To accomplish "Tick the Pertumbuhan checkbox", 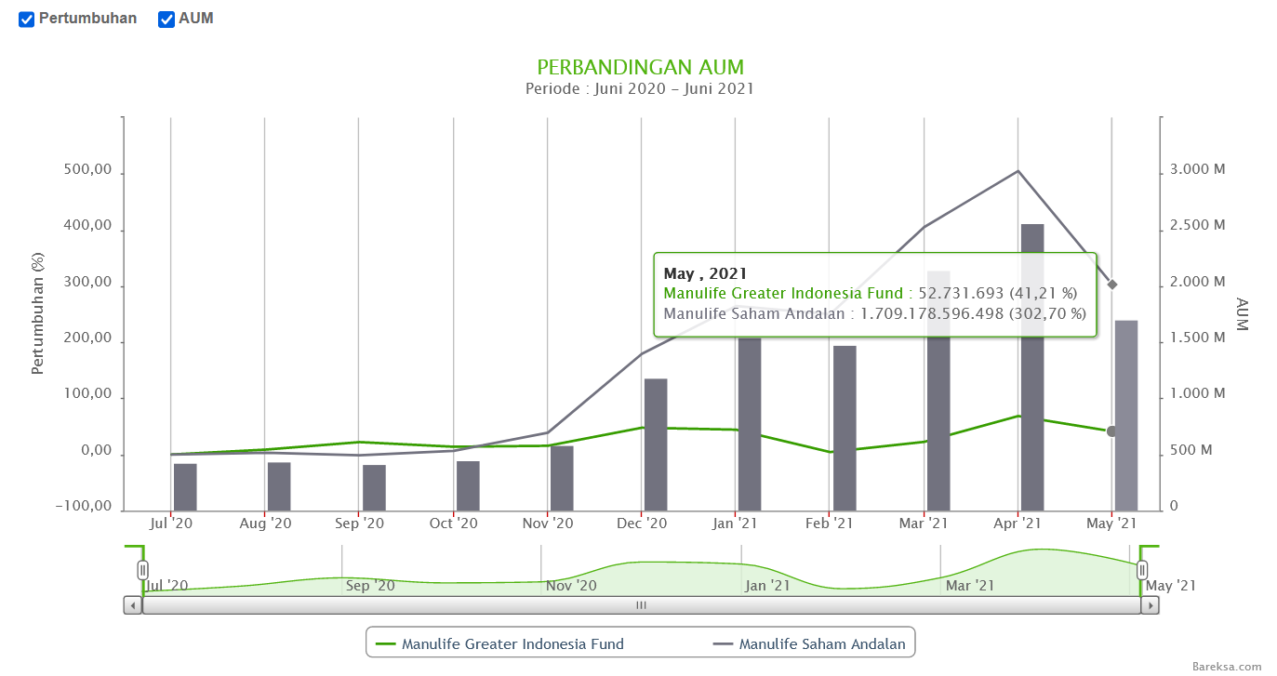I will click(27, 20).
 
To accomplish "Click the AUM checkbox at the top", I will click(166, 20).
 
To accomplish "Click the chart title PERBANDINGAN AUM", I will click(640, 68).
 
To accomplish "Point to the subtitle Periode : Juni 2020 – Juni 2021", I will click(639, 89).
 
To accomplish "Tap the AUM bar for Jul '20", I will click(185, 487).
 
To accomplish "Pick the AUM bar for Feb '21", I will click(845, 428).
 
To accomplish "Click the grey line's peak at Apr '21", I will click(1018, 171).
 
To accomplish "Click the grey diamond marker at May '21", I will click(1112, 285).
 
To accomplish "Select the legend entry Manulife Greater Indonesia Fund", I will click(512, 643).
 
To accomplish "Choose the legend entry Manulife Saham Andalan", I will click(821, 643).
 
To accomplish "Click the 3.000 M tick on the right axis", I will click(1198, 169).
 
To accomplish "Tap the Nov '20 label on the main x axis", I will click(548, 524).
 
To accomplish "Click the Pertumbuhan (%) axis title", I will click(38, 313).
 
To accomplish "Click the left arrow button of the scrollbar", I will click(133, 605).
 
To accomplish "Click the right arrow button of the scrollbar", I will click(1150, 605).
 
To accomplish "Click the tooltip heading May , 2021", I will click(705, 274).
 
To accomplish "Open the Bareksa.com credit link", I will click(1227, 667).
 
